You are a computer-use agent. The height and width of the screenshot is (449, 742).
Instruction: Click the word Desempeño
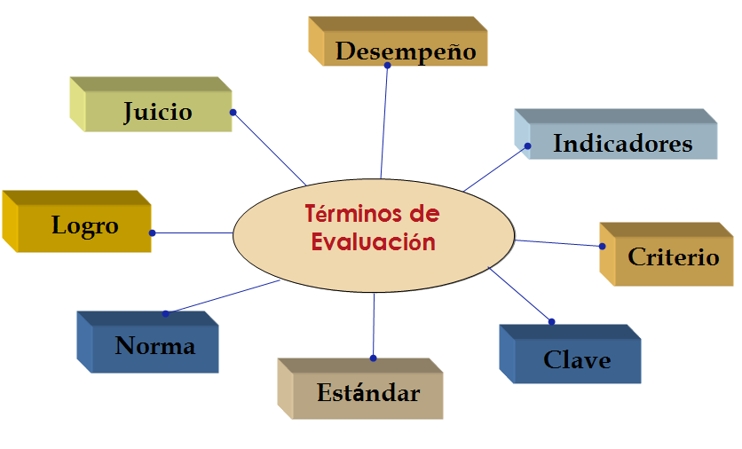[x=406, y=51]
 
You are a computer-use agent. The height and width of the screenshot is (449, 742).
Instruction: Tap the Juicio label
[x=157, y=112]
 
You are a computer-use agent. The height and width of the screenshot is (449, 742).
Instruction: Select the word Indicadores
[x=622, y=143]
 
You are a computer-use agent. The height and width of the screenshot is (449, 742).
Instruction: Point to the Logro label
[x=84, y=225]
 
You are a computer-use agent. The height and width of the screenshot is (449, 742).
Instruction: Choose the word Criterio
[x=674, y=257]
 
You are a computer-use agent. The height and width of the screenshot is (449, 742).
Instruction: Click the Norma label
[x=154, y=345]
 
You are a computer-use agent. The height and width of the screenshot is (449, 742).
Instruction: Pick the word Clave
[x=577, y=359]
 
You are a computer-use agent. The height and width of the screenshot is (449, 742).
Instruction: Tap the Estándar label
[x=368, y=392]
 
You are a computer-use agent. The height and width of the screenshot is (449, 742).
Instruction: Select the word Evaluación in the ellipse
[x=374, y=242]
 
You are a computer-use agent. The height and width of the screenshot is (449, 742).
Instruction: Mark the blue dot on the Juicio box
[x=233, y=112]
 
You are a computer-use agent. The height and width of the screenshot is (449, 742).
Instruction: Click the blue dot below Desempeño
[x=388, y=66]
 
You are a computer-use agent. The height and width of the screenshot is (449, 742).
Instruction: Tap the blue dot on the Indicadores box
[x=527, y=146]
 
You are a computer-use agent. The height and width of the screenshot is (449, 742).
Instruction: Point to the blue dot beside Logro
[x=152, y=232]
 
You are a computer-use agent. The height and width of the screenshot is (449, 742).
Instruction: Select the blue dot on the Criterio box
[x=602, y=246]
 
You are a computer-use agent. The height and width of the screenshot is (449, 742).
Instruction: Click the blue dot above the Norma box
[x=165, y=313]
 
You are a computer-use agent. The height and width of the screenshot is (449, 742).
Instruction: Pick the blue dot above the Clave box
[x=551, y=321]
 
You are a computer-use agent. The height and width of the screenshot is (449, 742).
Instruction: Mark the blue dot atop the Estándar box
[x=373, y=358]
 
